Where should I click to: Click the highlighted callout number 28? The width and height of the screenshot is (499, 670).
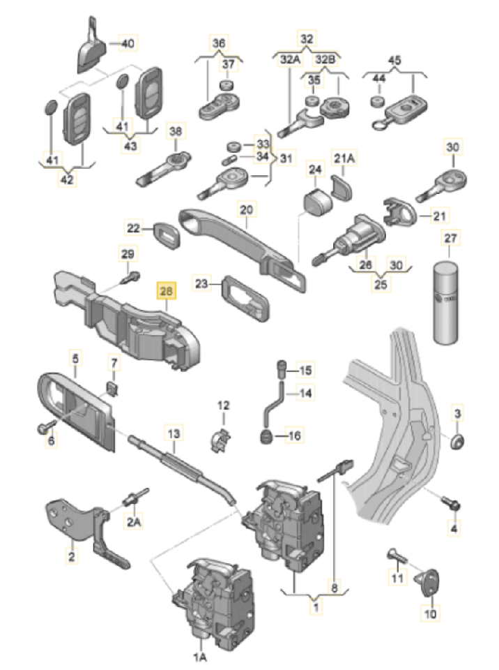[x=168, y=289]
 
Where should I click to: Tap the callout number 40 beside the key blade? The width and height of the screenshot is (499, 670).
[x=128, y=43]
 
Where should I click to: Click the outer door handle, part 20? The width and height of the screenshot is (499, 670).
[x=244, y=241]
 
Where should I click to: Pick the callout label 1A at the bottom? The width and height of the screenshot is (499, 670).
[x=200, y=657]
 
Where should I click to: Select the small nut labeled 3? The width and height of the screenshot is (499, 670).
[x=456, y=441]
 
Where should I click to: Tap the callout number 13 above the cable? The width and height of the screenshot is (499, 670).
[x=173, y=434]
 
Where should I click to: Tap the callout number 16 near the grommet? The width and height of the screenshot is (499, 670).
[x=294, y=436]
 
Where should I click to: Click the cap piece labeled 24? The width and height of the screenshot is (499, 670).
[x=316, y=200]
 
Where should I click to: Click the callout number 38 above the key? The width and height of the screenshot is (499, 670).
[x=175, y=131]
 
